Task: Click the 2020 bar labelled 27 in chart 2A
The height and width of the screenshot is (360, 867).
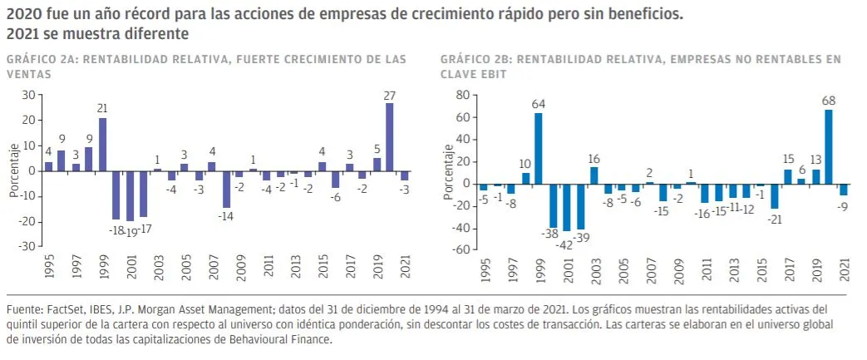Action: click(x=389, y=137)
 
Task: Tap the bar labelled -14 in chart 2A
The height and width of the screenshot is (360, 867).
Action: click(x=225, y=189)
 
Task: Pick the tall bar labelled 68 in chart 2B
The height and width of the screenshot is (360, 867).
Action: click(x=829, y=146)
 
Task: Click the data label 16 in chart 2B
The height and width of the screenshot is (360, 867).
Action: click(x=594, y=158)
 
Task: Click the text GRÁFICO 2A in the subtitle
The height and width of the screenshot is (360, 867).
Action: click(x=41, y=60)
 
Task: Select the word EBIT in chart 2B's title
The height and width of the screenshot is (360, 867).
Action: click(x=495, y=73)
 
